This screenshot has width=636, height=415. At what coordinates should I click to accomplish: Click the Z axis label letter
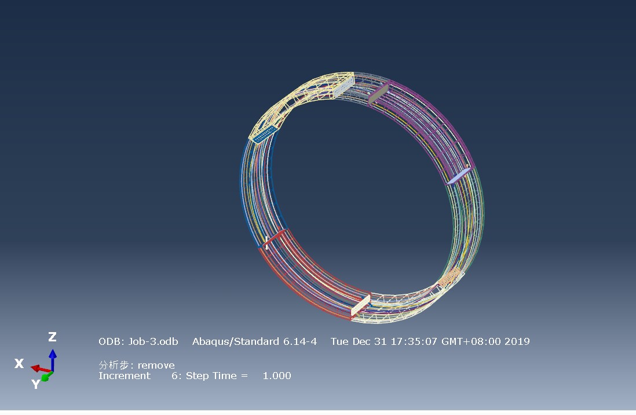pyautogui.click(x=52, y=337)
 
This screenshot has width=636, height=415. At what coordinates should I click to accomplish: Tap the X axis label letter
pyautogui.click(x=19, y=363)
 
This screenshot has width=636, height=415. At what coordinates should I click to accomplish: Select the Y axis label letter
pyautogui.click(x=36, y=384)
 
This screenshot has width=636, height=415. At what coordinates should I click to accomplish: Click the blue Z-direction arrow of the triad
pyautogui.click(x=53, y=360)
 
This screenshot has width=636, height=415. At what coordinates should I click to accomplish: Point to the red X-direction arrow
pyautogui.click(x=41, y=369)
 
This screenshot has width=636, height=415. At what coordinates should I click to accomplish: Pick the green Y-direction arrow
pyautogui.click(x=47, y=376)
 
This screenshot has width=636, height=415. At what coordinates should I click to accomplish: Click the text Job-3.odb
pyautogui.click(x=153, y=341)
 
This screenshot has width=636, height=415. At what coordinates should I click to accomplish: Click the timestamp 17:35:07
pyautogui.click(x=414, y=341)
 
